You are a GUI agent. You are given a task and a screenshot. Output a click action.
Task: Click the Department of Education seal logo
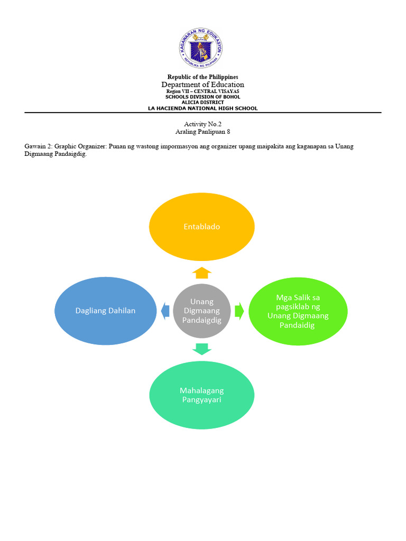pos(200,48)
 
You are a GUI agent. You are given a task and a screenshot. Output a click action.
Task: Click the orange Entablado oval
pos(201,227)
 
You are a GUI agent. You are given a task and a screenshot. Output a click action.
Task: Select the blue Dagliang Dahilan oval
pos(105,311)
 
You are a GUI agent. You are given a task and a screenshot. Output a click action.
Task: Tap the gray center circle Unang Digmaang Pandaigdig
pos(201,311)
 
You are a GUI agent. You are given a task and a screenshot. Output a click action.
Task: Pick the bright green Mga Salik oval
pos(298,311)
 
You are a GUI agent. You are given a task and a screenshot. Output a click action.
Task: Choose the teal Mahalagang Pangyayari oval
pos(201,395)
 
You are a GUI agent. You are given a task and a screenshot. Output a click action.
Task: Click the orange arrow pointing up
pos(201,273)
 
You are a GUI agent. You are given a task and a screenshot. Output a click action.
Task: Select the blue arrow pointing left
pos(165,311)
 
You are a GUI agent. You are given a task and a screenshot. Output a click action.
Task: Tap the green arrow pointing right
pos(239,311)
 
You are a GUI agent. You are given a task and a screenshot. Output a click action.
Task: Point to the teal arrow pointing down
pos(201,349)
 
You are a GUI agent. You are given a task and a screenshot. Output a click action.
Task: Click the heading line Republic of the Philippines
pos(202,77)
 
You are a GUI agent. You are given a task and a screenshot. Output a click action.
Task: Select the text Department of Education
pos(202,85)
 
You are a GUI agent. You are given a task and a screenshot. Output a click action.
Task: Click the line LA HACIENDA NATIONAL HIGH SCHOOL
pos(202,108)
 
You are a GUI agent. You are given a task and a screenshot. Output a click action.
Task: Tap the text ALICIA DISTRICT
pos(202,102)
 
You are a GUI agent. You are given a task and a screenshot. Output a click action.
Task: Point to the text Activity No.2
pos(202,124)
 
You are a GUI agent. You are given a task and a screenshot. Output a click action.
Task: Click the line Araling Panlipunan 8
pos(202,132)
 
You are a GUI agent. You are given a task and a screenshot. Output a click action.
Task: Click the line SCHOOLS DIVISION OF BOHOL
pos(202,97)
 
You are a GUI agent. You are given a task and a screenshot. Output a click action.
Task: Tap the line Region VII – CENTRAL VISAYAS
pos(202,91)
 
